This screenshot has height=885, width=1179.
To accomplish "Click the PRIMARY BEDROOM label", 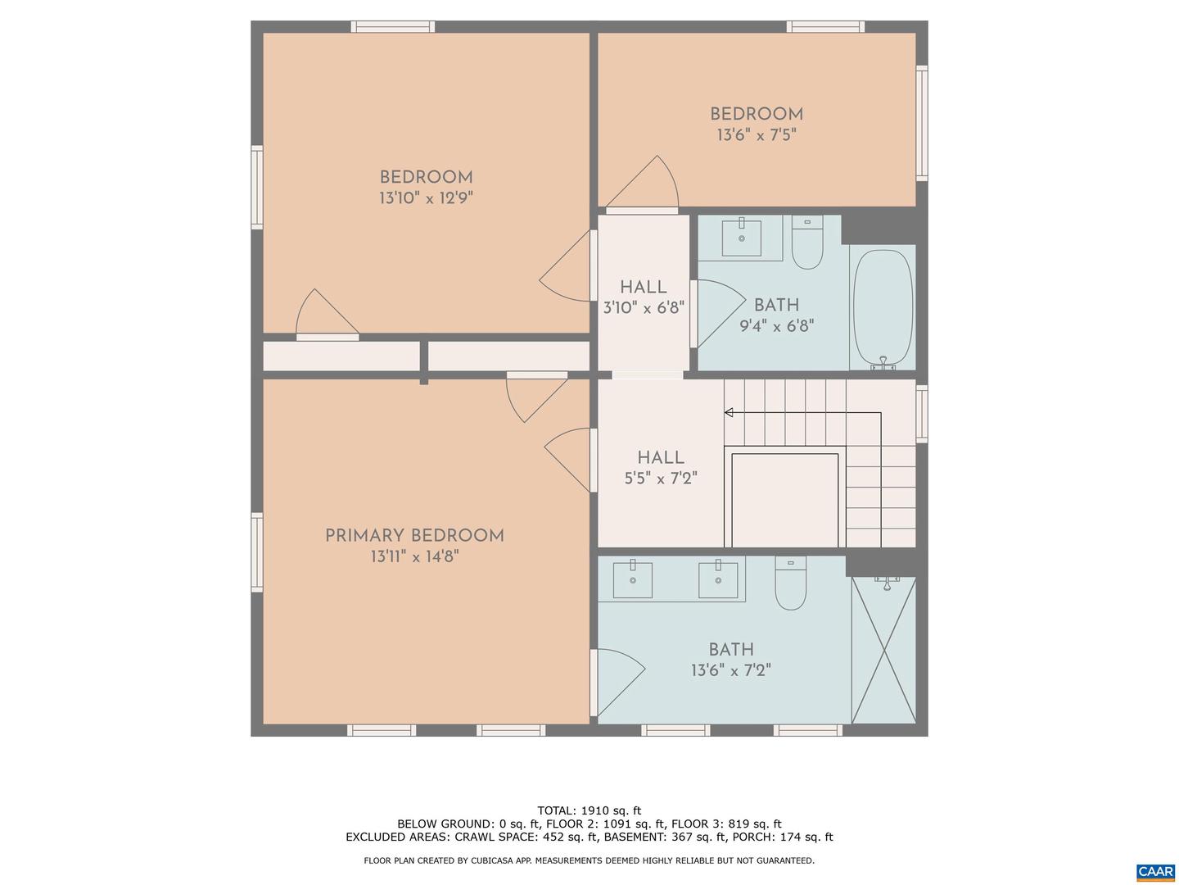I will [x=414, y=536].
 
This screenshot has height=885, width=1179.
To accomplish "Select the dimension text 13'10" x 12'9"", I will [x=426, y=198].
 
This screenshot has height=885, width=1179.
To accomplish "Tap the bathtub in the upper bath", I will [x=883, y=308].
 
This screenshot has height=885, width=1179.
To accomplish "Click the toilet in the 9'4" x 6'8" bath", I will [x=807, y=243].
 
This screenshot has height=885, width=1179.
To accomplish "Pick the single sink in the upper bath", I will [x=741, y=237].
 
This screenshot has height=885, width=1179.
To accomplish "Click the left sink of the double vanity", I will [x=633, y=579].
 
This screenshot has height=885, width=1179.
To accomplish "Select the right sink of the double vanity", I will [x=718, y=579].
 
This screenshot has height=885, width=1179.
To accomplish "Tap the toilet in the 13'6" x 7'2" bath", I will [x=790, y=584].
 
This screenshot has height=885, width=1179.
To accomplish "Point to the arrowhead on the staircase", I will [x=728, y=412].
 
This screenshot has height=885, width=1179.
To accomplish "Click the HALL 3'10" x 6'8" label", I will [x=643, y=288].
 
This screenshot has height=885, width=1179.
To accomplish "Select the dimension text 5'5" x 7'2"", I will [x=660, y=479].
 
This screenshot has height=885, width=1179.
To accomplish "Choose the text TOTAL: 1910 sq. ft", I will [x=589, y=811].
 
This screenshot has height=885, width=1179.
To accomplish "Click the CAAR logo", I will [x=1154, y=872].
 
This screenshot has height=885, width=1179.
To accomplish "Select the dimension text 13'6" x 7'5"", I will [x=756, y=135].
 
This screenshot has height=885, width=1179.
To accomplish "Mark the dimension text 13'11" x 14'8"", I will [x=414, y=557].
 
